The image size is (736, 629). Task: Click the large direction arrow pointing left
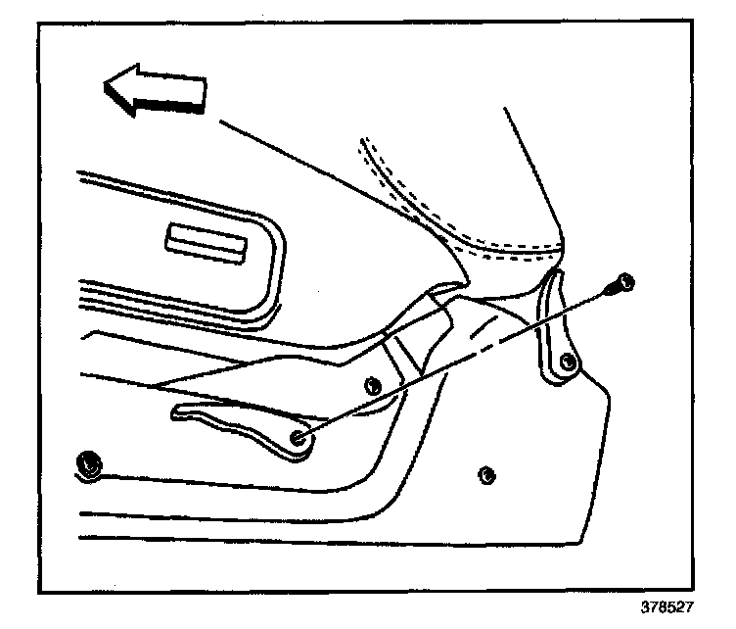point(157,89)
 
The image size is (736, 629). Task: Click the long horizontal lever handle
point(240,422)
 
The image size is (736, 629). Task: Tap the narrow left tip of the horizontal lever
point(177,411)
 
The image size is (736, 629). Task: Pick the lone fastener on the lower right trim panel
point(483,475)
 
